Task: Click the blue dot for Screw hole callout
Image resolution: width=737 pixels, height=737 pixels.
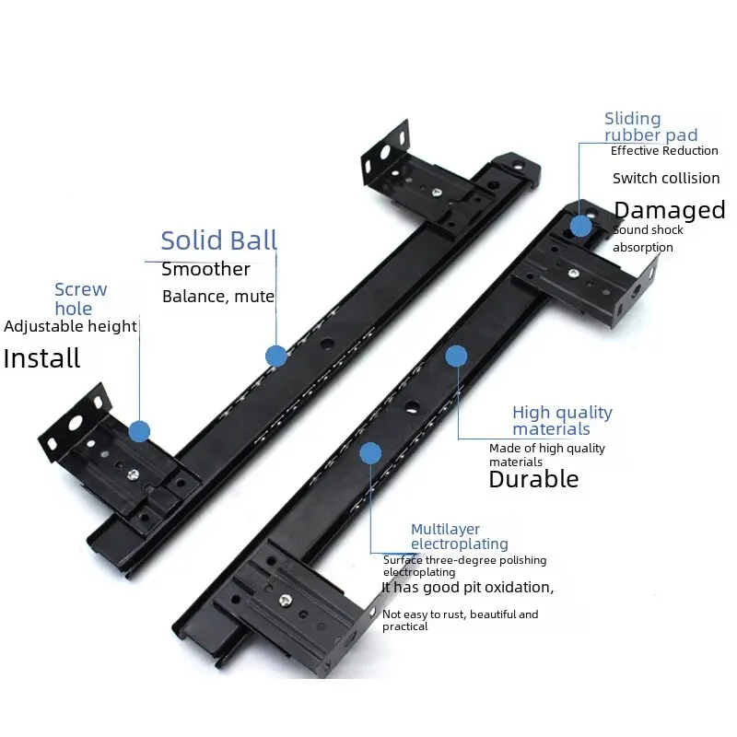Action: (139, 430)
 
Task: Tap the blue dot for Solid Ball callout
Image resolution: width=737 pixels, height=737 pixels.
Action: (275, 356)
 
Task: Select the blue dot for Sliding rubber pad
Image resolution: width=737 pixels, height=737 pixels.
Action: (580, 226)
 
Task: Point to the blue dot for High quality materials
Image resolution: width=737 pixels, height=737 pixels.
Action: (455, 355)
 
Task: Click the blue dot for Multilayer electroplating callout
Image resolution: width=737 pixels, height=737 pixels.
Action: (370, 452)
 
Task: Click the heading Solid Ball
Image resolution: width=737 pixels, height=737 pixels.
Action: (218, 240)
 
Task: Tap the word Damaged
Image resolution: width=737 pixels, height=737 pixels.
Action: (669, 210)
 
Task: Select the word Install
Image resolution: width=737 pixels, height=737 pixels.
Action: (41, 358)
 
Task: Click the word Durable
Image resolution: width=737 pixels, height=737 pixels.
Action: (533, 479)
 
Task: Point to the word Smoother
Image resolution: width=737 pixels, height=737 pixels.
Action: (205, 269)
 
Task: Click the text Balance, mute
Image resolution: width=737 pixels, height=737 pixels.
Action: (218, 297)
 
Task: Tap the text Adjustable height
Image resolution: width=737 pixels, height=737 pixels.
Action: (71, 326)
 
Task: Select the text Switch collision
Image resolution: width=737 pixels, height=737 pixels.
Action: (665, 178)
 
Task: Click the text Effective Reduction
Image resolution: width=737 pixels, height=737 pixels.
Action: (663, 151)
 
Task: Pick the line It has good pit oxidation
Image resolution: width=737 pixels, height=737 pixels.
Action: (468, 587)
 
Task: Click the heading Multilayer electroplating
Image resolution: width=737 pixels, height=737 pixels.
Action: (459, 536)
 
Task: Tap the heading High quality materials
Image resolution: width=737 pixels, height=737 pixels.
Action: (562, 421)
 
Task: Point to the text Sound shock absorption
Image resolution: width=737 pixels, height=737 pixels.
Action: (648, 239)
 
